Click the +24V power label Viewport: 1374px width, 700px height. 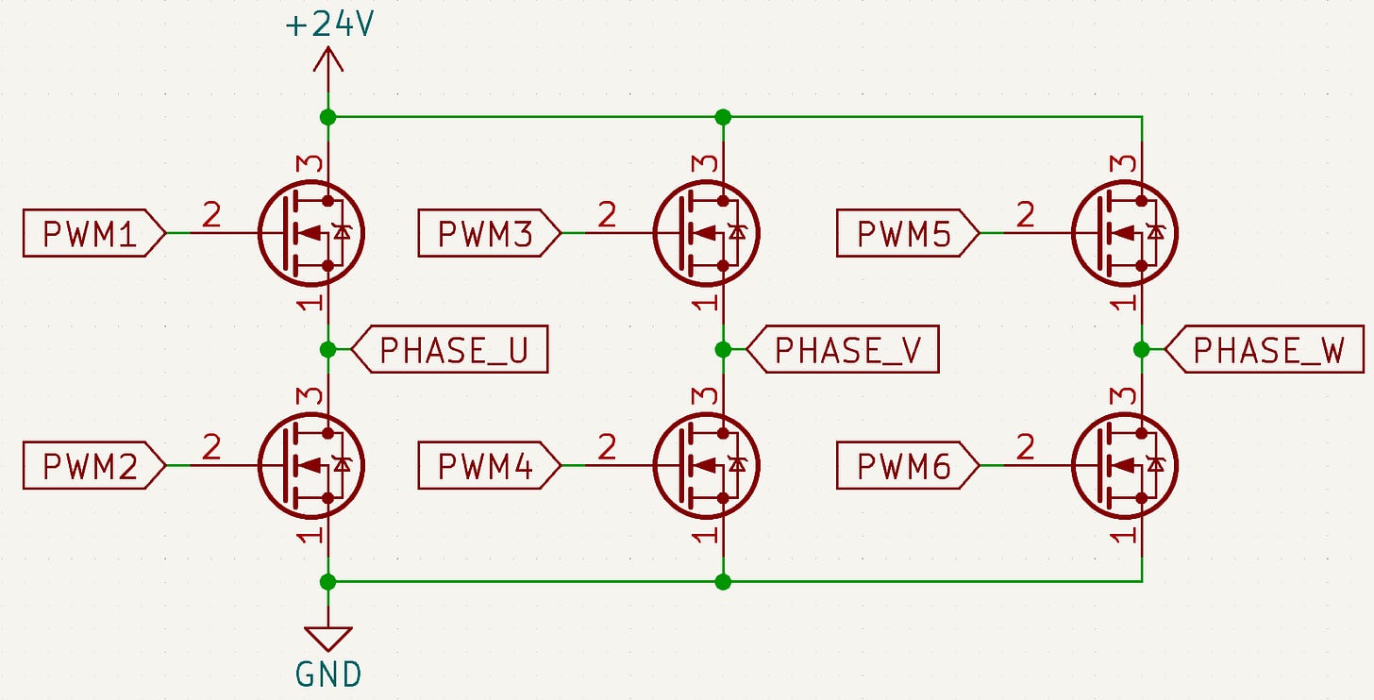pos(328,25)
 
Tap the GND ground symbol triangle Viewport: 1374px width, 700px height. pos(328,639)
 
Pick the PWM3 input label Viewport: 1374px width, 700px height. pos(488,233)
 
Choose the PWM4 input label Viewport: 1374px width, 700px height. pos(488,465)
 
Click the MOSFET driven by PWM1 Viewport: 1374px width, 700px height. pos(310,233)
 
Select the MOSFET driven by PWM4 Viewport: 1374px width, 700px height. pos(706,465)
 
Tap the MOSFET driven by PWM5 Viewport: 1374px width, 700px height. pos(1125,233)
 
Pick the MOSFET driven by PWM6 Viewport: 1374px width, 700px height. pos(1125,465)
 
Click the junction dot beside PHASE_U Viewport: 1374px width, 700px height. pos(328,350)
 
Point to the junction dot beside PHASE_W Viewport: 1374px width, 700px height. pos(1142,350)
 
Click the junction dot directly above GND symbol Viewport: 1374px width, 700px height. pos(328,581)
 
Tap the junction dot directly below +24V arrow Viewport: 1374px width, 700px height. pos(328,117)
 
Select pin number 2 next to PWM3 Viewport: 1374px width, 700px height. pos(607,216)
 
